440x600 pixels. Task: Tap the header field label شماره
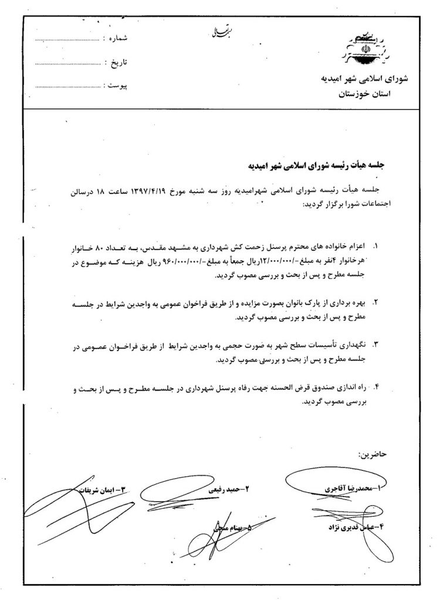(x=115, y=39)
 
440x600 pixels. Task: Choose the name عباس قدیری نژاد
(x=346, y=526)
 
